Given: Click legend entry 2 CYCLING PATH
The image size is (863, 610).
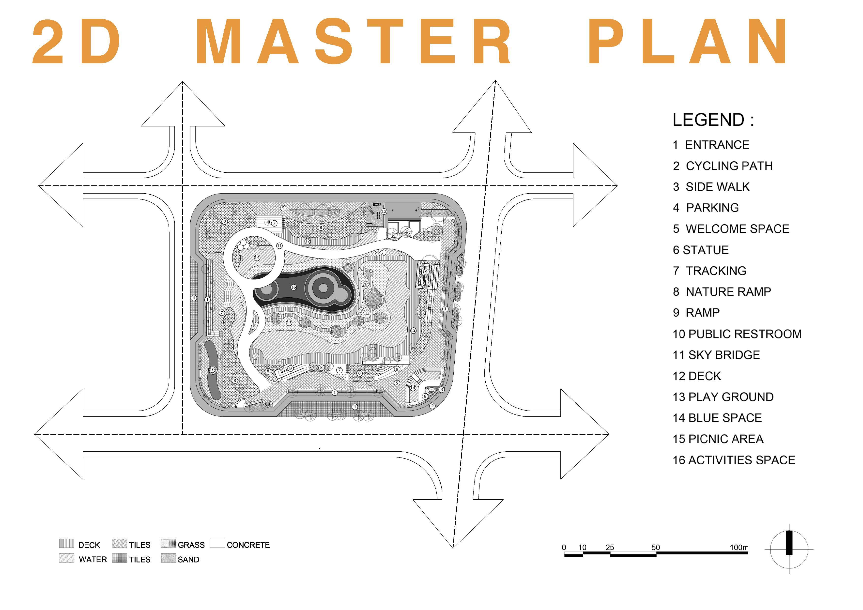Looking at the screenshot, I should click(x=723, y=166).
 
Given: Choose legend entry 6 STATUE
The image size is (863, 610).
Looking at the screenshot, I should click(x=701, y=250).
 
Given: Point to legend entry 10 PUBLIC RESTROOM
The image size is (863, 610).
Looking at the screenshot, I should click(x=737, y=334).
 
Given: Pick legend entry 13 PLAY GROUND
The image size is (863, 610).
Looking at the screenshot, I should click(x=723, y=397).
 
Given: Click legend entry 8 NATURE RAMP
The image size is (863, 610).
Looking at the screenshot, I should click(x=722, y=292).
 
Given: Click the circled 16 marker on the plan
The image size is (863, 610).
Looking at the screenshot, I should click(x=293, y=287).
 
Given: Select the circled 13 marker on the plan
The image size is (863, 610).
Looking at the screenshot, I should click(x=384, y=212).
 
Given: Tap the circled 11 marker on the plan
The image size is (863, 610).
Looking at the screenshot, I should click(x=279, y=246).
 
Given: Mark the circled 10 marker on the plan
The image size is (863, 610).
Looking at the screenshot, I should click(x=212, y=370).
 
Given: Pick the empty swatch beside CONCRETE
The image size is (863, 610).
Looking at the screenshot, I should click(x=217, y=544).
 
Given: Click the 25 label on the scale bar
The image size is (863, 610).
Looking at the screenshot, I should click(x=610, y=547).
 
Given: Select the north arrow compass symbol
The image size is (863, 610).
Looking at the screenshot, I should click(x=789, y=549).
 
